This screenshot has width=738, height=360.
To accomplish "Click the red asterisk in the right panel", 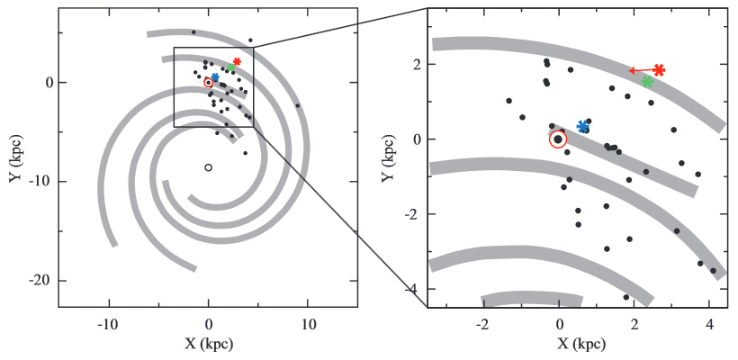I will point(659,69).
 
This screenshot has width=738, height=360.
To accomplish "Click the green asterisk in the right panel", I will point(647,82).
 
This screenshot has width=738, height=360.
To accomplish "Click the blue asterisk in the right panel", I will point(583,127).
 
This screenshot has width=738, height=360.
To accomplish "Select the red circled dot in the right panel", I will point(558,139).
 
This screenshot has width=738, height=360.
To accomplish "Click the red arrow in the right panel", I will point(641,70).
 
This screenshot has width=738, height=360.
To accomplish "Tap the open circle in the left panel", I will point(208,167).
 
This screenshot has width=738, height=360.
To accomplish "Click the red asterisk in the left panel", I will point(237,62).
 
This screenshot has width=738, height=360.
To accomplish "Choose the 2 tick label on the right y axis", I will point(415,65).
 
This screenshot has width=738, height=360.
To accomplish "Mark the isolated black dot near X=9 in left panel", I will point(298,105).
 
